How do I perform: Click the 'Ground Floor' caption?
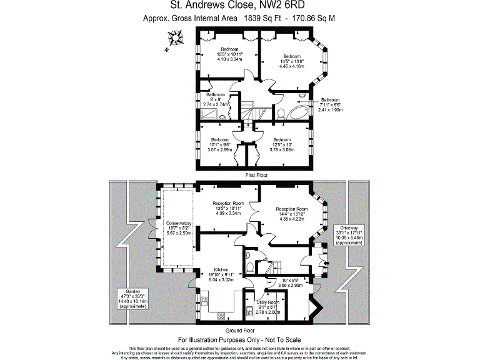240,330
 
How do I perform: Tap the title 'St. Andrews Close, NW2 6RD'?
239,7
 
